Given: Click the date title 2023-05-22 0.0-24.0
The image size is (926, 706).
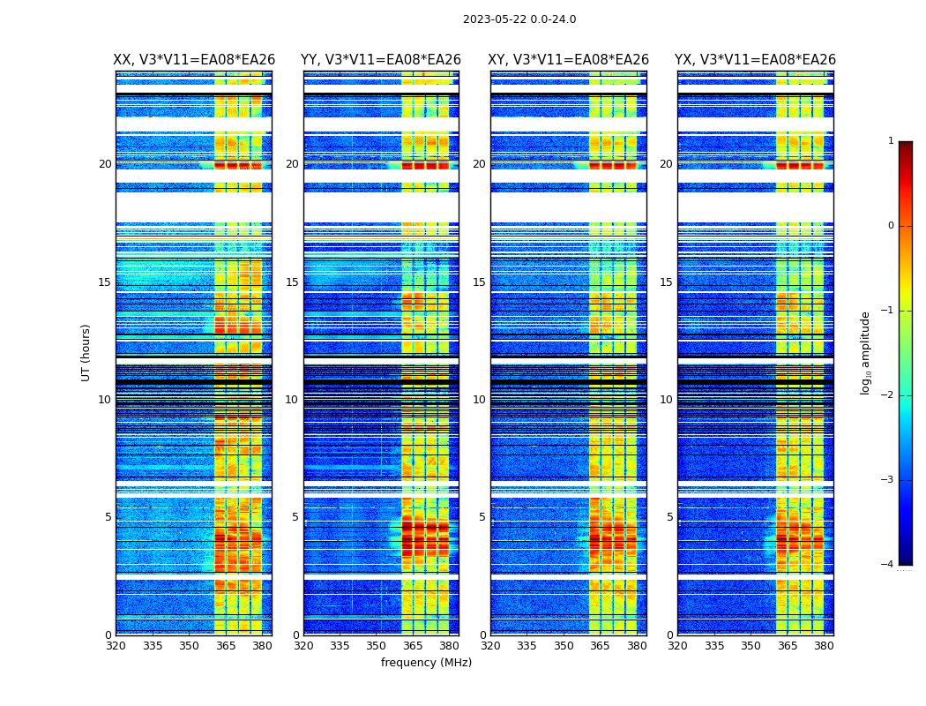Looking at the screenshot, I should click(x=519, y=19).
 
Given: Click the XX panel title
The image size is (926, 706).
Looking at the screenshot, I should click(x=194, y=60).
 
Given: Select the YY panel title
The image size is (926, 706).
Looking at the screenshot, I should click(x=381, y=60).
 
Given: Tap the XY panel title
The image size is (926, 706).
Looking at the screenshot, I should click(x=569, y=60).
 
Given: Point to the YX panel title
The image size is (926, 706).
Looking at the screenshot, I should click(x=755, y=60).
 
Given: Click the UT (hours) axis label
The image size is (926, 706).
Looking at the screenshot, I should click(x=86, y=352).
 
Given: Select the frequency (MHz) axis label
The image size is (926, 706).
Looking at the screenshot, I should click(x=426, y=663).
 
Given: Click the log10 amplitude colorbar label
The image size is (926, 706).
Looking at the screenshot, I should click(x=866, y=352).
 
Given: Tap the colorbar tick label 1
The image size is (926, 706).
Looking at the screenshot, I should click(x=891, y=141).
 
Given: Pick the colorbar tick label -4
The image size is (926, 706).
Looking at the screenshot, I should click(x=888, y=565).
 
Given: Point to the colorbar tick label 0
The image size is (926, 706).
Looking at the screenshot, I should click(x=891, y=226).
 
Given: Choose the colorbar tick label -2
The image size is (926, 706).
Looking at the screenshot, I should click(x=888, y=395).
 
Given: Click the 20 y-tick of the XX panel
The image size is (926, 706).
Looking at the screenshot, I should click(x=105, y=164).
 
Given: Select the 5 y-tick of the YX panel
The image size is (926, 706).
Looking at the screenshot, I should click(x=669, y=517).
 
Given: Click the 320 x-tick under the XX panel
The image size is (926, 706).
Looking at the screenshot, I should click(x=116, y=646).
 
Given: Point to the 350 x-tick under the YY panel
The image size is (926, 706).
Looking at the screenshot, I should click(x=377, y=646).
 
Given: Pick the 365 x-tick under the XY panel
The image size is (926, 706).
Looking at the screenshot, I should click(x=600, y=646).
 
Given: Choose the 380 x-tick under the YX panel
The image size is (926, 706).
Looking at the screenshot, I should click(x=824, y=646).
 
